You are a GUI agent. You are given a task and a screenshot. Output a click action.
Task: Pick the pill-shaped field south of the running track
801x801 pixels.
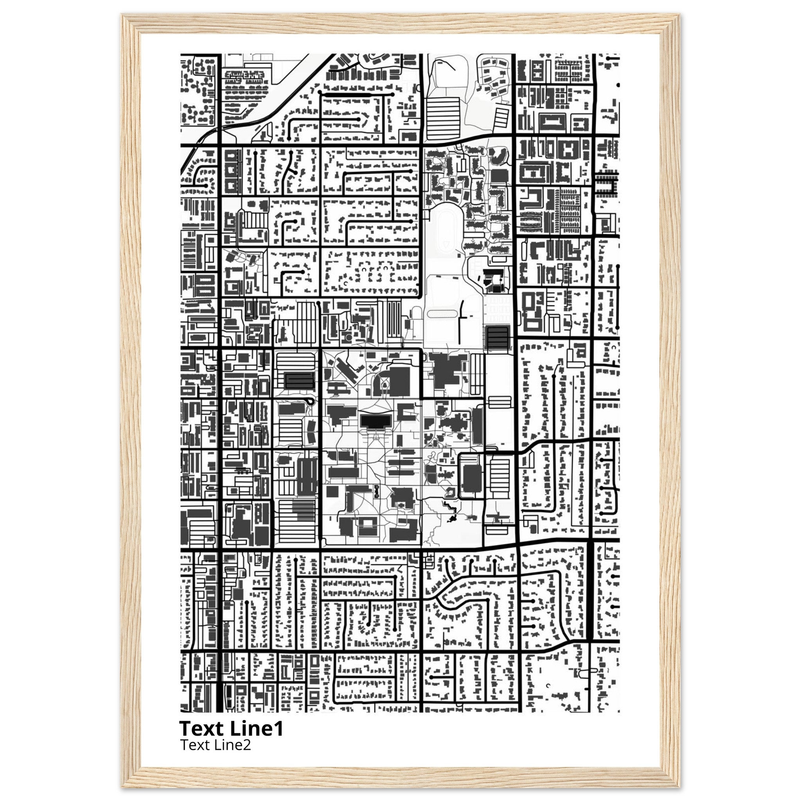click(x=441, y=314)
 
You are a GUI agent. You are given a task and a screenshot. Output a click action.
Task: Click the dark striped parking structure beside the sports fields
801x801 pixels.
click(x=497, y=338)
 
